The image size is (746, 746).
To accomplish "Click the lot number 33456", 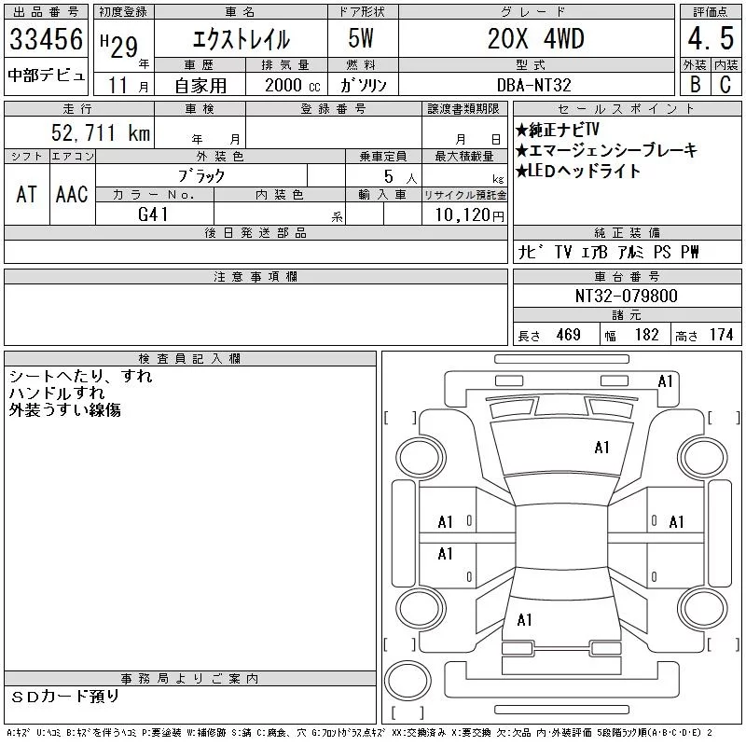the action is pyautogui.click(x=46, y=39).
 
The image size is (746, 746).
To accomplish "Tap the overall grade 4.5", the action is pyautogui.click(x=711, y=38).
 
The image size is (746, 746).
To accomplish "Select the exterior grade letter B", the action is pyautogui.click(x=695, y=84).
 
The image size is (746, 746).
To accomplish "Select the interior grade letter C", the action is pyautogui.click(x=725, y=84).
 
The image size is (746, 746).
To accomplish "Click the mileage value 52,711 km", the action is pyautogui.click(x=101, y=132).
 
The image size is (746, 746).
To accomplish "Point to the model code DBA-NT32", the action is pyautogui.click(x=533, y=85).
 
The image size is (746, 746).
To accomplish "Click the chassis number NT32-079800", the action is pyautogui.click(x=626, y=296).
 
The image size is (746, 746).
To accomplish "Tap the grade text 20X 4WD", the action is pyautogui.click(x=535, y=38).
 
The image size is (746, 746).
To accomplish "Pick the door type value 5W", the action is pyautogui.click(x=361, y=38).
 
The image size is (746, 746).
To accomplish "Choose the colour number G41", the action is pyautogui.click(x=153, y=214).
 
